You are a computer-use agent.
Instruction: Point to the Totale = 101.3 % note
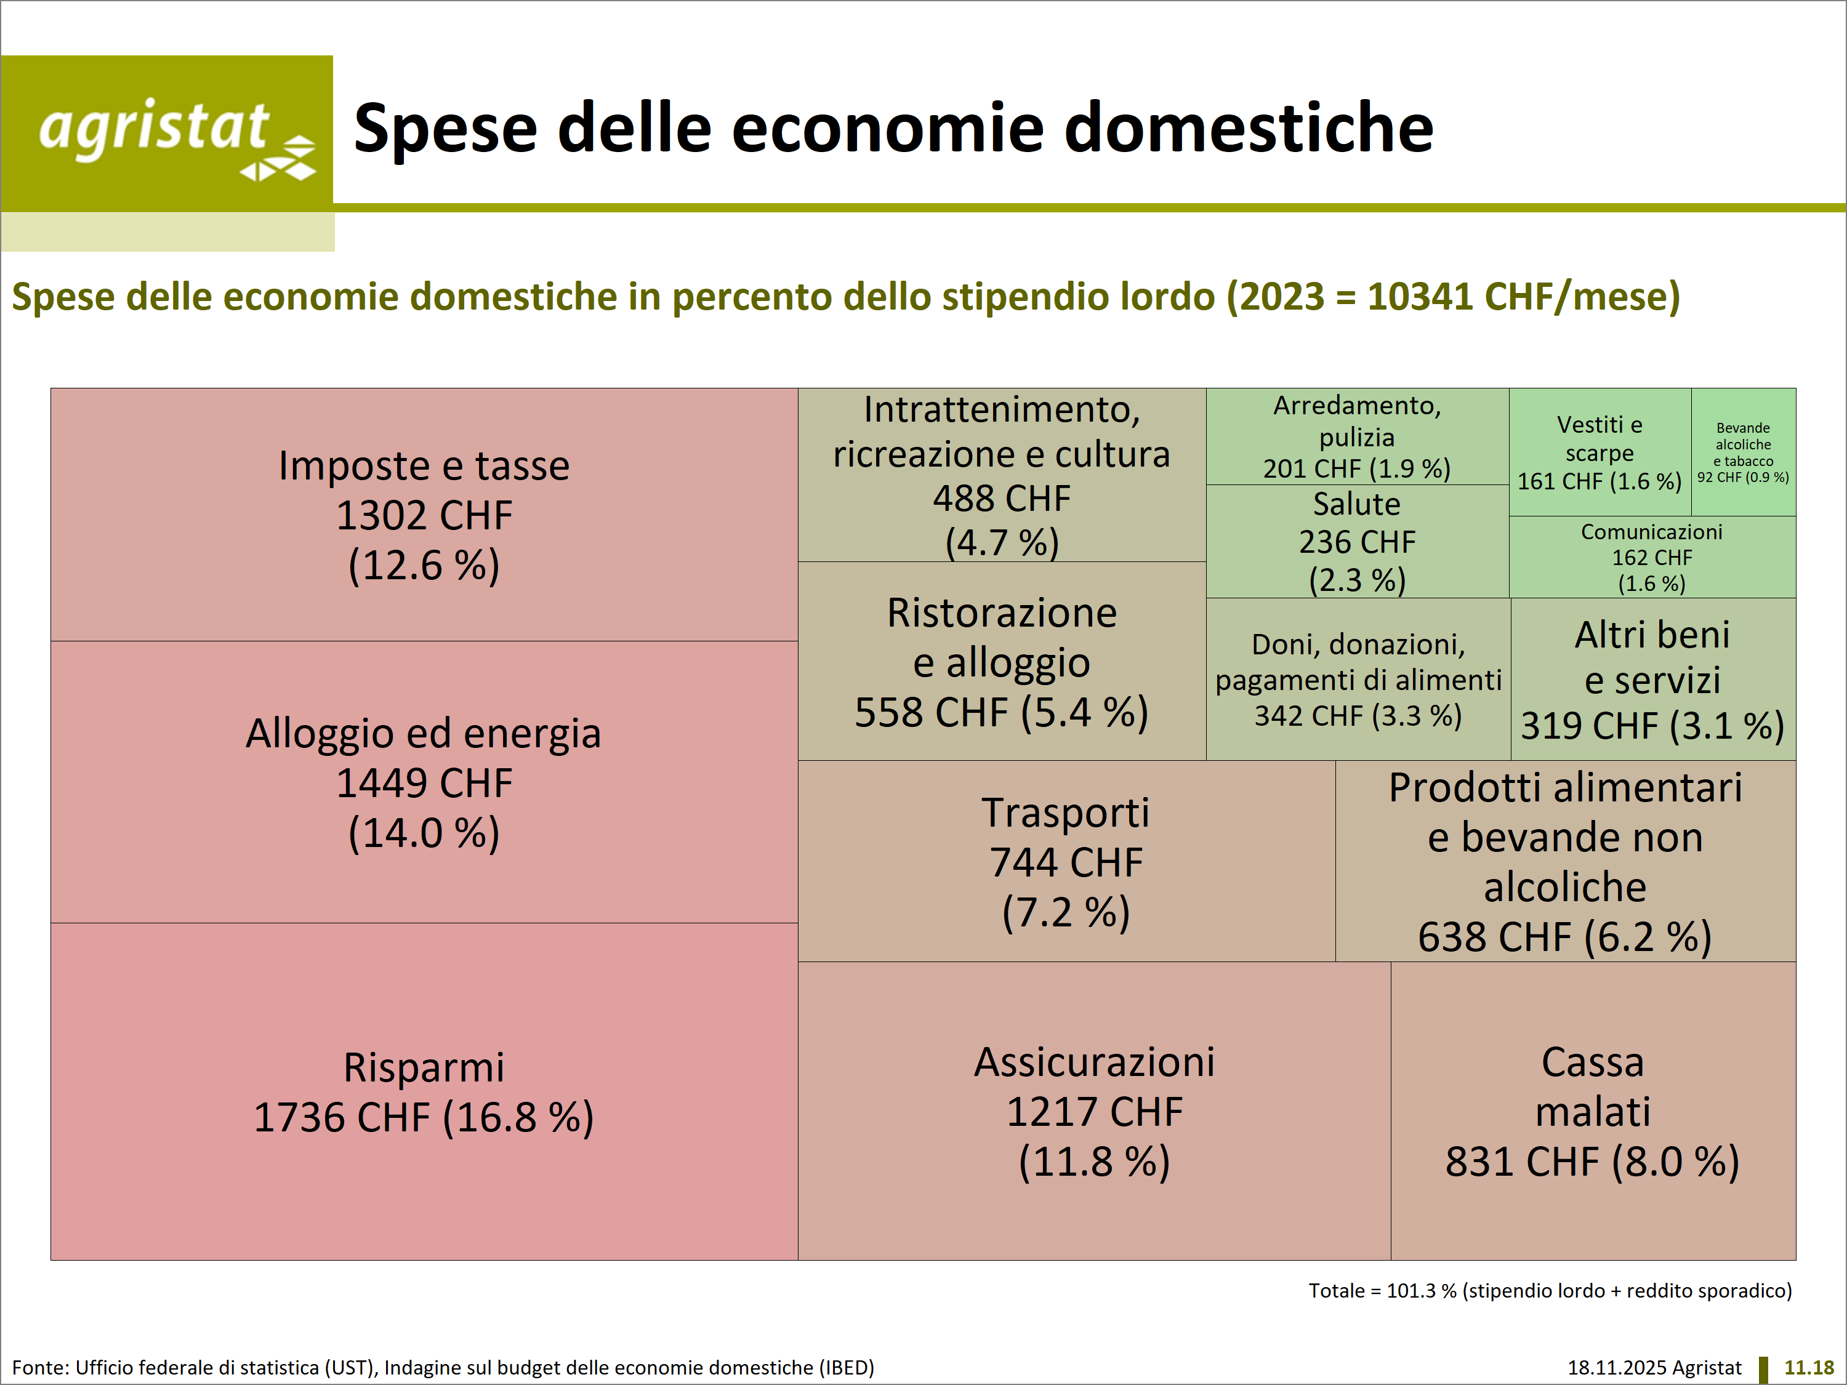click(x=1550, y=1291)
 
